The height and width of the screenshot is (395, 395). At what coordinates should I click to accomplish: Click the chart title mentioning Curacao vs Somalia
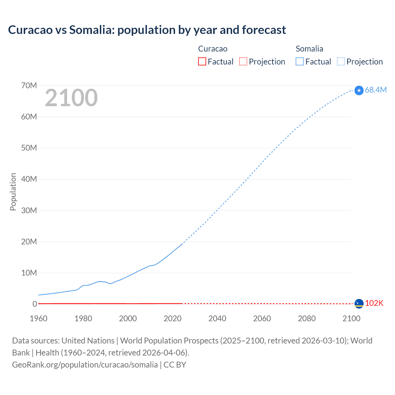[147, 30]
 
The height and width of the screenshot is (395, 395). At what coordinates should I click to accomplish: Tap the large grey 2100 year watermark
[71, 98]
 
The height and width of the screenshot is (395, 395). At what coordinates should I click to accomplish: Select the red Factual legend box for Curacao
[202, 61]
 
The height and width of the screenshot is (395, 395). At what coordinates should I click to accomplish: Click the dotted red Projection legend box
[243, 61]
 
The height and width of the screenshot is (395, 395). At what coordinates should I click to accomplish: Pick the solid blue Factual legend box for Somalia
[300, 61]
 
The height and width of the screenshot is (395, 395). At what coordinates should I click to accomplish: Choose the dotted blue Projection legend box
[341, 61]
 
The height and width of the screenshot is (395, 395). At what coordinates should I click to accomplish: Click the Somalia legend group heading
[309, 49]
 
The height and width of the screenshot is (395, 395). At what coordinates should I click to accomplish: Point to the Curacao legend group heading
[213, 49]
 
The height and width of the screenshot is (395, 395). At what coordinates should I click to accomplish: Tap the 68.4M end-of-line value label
[376, 90]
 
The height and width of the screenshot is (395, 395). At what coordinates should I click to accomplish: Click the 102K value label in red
[374, 303]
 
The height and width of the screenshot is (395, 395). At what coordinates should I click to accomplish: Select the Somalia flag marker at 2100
[359, 90]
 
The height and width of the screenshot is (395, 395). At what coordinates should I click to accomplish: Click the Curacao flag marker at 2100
[359, 304]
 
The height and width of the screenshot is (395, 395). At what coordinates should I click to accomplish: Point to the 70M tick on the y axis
[29, 85]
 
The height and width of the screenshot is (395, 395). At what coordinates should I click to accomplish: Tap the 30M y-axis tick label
[29, 210]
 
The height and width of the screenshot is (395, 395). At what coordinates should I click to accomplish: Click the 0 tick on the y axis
[35, 304]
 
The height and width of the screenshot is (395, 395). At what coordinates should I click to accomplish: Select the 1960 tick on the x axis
[39, 318]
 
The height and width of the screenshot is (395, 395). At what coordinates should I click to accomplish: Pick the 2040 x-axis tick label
[217, 318]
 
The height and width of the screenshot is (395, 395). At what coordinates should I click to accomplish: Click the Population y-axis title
[13, 192]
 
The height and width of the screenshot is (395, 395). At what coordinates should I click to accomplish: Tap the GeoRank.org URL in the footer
[85, 364]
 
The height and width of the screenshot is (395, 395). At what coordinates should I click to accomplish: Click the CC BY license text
[175, 364]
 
